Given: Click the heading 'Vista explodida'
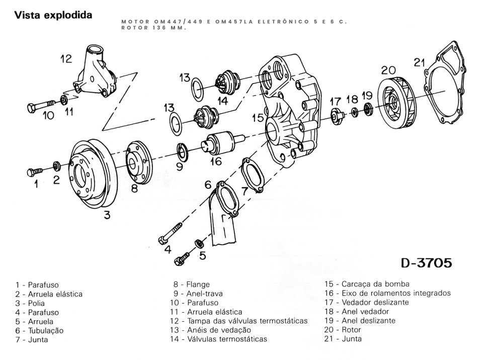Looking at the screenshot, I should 53,15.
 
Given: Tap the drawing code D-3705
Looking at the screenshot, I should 426,263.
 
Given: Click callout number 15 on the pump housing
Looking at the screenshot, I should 258,118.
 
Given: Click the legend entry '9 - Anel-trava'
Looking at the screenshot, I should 198,294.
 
